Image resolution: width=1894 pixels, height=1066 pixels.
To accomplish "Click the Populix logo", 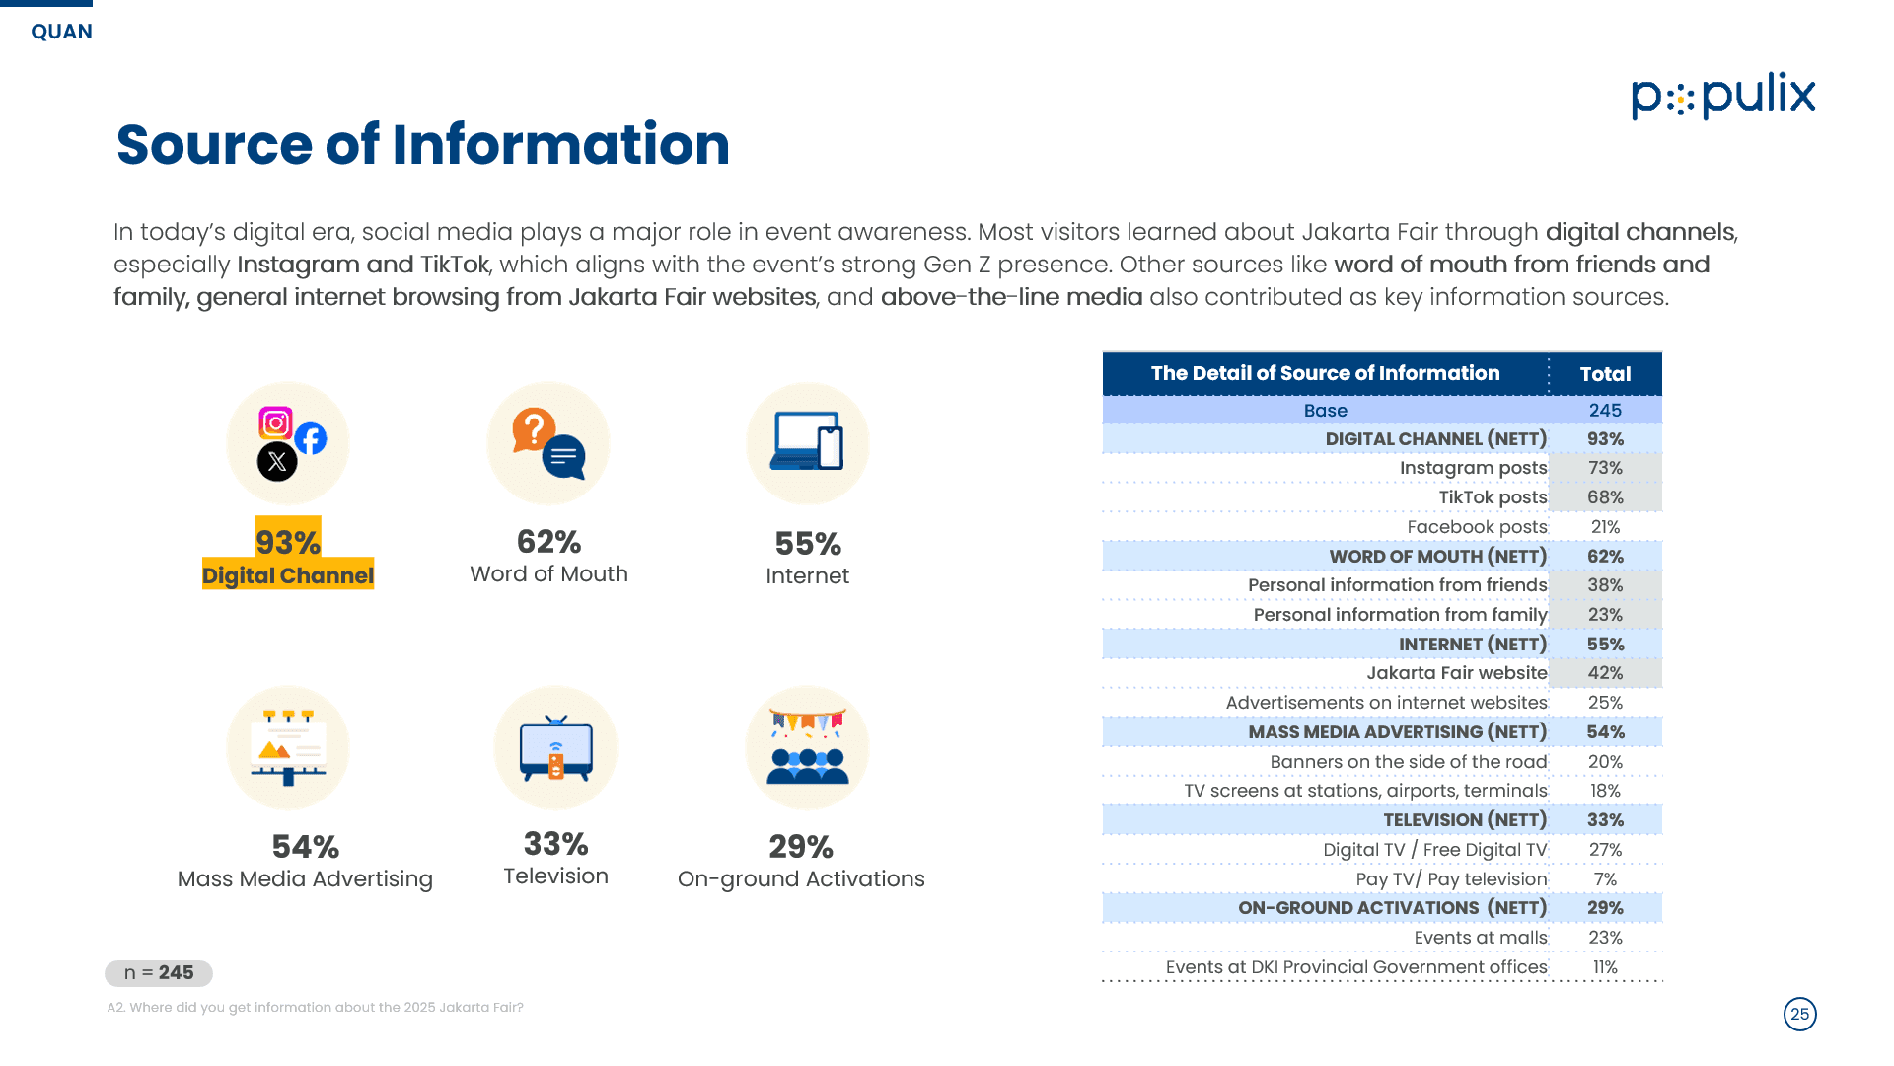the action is [1722, 96].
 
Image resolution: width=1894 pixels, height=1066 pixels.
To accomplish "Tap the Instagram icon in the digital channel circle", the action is [275, 423].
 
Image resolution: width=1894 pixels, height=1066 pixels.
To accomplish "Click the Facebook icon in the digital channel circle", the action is [311, 438].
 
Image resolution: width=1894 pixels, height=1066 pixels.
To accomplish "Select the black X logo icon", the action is [277, 461].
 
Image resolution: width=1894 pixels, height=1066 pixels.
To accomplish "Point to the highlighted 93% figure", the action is [288, 542].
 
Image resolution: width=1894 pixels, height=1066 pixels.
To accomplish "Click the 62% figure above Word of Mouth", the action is [548, 542].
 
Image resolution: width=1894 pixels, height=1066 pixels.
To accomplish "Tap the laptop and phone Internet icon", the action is [808, 440].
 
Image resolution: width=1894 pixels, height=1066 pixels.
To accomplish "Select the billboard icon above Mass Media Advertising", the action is [288, 747].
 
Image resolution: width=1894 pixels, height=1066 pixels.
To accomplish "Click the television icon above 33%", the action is [556, 748].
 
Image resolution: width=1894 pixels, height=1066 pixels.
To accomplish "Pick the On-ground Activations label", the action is [801, 878].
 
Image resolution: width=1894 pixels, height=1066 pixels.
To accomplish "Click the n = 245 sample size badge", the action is [159, 973].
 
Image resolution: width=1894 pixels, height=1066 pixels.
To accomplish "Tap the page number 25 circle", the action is [1800, 1014].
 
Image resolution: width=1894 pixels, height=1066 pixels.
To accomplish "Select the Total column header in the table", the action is [1605, 374].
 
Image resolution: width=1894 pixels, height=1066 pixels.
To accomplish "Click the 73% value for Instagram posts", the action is [1605, 468].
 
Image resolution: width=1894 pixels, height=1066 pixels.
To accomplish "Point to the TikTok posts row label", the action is [1493, 497].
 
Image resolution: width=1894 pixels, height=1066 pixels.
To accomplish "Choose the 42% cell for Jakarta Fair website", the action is [1605, 673].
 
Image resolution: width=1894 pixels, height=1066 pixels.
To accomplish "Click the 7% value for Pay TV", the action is [1605, 879].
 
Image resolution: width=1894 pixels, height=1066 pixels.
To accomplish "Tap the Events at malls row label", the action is [1481, 938].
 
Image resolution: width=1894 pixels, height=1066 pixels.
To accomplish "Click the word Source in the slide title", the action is [214, 145].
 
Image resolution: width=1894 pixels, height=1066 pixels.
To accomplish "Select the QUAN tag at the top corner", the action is [61, 32].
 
